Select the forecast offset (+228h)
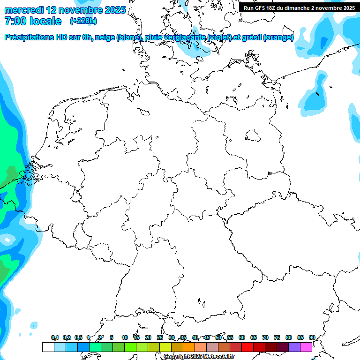83,21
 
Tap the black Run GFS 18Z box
299,8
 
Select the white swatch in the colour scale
48,347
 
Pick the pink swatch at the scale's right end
306,347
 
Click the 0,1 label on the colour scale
55,338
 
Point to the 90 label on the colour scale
312,338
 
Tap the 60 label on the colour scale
242,338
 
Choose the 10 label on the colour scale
125,338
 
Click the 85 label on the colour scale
300,338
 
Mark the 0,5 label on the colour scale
78,338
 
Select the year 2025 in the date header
113,10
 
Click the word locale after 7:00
44,21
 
